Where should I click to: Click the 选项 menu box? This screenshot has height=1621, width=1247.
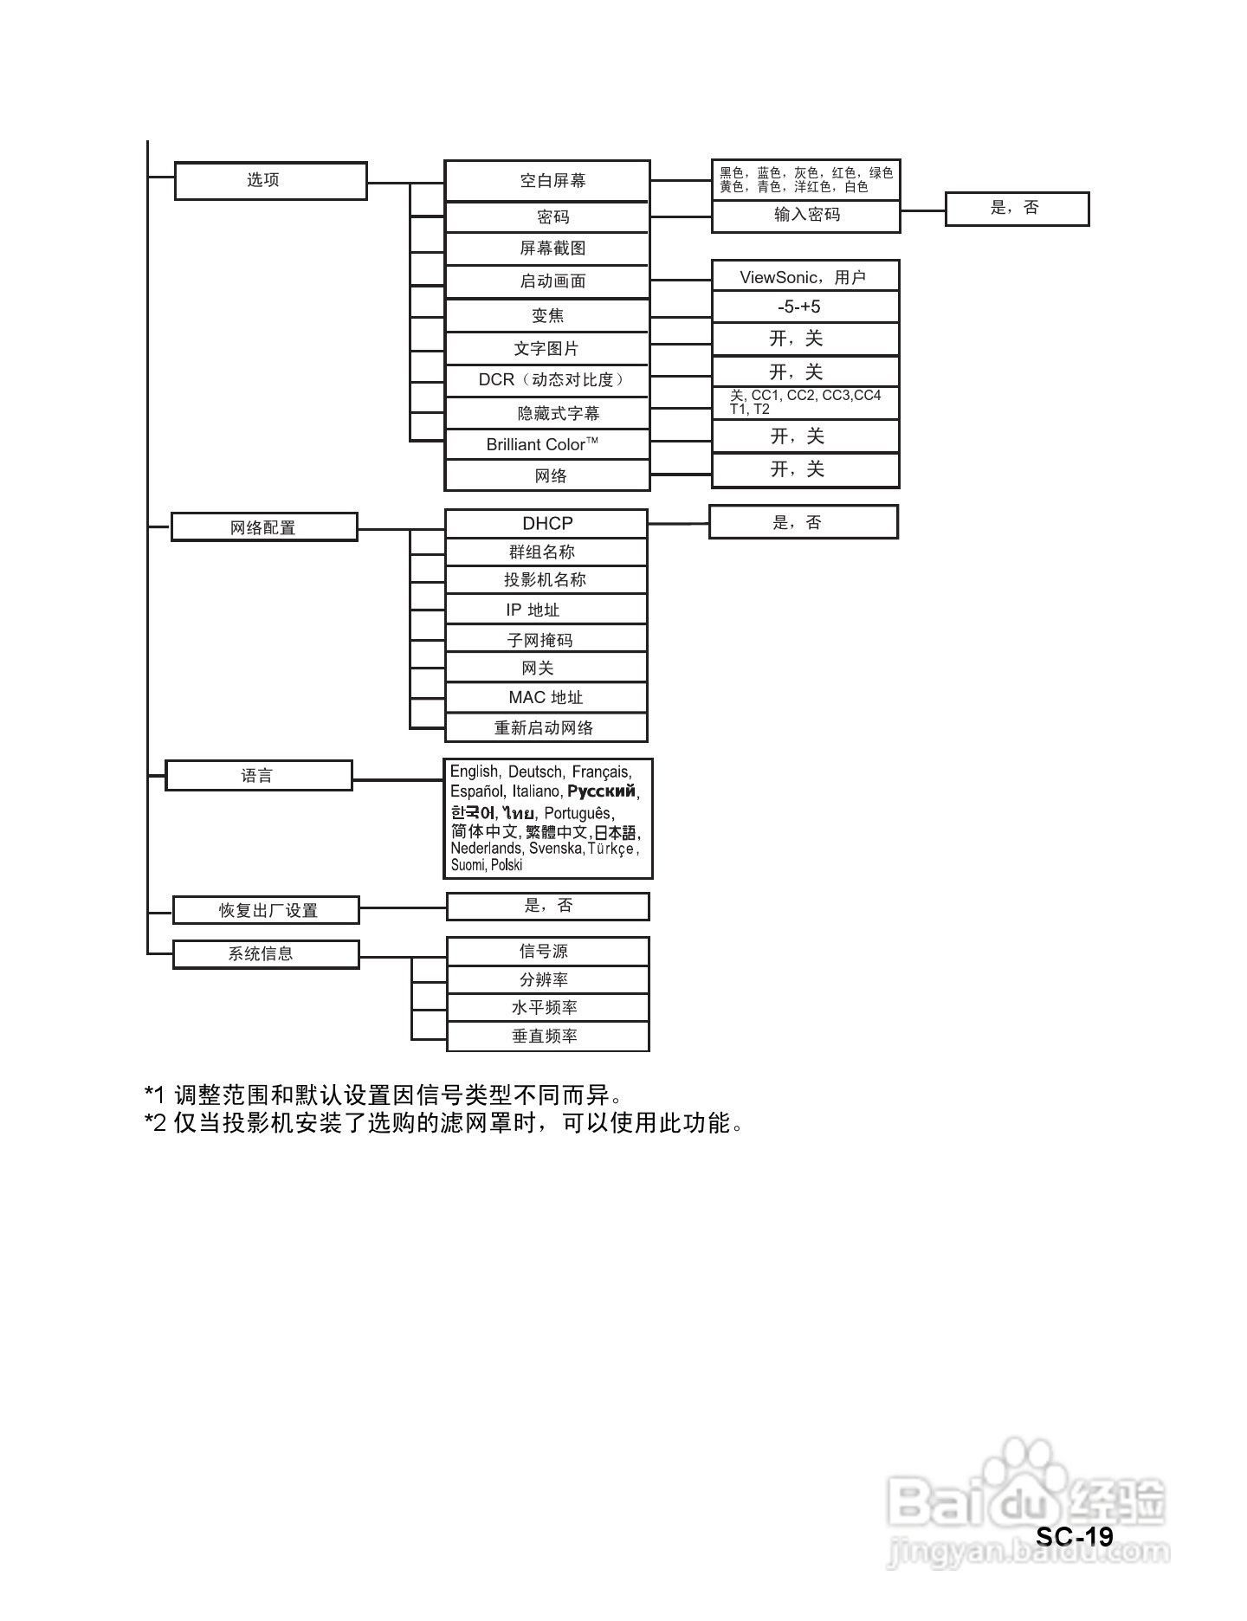270,180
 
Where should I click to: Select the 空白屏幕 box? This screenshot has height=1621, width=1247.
546,180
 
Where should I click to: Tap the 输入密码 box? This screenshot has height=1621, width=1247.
805,216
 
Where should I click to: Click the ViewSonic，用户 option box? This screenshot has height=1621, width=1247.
805,277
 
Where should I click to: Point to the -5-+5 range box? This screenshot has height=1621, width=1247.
805,307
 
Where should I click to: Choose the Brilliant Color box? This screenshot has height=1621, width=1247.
546,445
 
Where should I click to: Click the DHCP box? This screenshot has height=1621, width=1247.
546,523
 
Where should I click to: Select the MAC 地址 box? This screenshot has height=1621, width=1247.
546,697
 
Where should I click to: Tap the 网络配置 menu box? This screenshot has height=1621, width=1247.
264,527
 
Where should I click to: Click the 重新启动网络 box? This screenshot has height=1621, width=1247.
546,727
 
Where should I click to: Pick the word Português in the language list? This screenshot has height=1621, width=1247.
578,813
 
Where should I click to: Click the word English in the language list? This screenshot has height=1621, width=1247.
475,772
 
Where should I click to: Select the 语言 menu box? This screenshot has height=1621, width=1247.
258,775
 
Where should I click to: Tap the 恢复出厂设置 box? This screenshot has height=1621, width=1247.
266,910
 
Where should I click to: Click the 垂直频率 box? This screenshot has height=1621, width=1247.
547,1037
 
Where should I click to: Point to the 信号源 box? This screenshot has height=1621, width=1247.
547,951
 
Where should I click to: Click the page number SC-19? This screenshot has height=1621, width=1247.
1074,1536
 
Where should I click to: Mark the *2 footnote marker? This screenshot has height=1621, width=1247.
154,1124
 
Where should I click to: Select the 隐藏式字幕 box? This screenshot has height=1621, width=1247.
546,413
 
